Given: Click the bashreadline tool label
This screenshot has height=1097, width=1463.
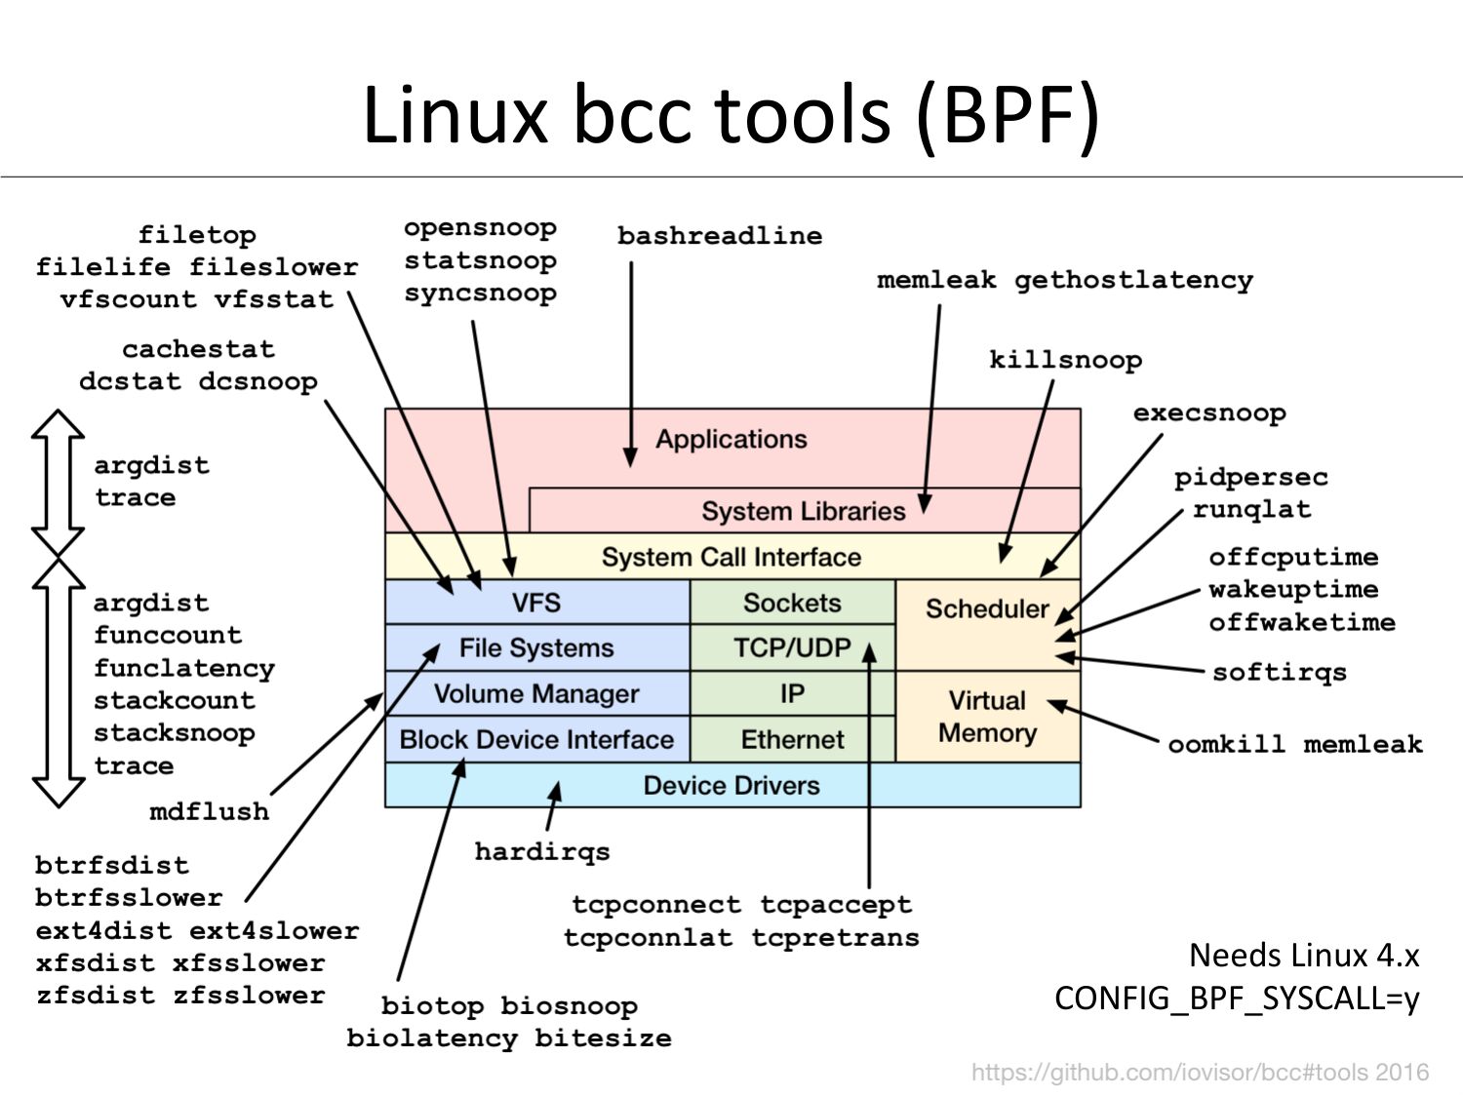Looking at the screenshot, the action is pos(720,236).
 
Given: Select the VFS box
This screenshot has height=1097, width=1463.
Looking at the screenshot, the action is pos(537,602).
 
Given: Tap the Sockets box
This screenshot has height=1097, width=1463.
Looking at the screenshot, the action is pos(793,602).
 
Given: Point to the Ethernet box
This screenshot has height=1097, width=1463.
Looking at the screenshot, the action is pos(793,739).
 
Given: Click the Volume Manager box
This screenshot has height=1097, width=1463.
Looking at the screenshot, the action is pos(537,693).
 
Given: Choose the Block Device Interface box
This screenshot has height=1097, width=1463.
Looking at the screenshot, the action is pos(537,739).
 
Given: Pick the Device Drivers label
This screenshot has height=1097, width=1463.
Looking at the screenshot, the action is pos(731,785).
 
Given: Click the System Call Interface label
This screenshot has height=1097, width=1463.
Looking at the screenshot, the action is pos(731,557).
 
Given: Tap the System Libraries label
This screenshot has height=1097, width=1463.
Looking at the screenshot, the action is pos(803,511).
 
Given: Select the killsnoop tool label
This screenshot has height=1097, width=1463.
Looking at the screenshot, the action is pos(1065,361).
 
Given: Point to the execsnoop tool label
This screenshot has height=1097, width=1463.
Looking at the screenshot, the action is pos(1209,413).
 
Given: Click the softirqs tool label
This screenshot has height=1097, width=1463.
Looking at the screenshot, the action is pos(1279,673).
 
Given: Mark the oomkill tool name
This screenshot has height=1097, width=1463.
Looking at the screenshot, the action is pos(1226,744).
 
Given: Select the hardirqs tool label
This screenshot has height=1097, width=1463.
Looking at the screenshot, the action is pos(542,852).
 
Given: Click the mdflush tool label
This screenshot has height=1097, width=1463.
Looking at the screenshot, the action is pos(209,811).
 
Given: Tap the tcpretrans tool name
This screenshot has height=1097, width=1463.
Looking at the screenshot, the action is pos(836,938).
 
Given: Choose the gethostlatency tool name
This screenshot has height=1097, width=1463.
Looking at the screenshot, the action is pos(1133,281).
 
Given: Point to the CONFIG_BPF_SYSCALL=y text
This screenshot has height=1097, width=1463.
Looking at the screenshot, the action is pos(1237,999).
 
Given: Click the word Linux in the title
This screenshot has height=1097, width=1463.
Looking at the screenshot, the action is pos(455,114).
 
